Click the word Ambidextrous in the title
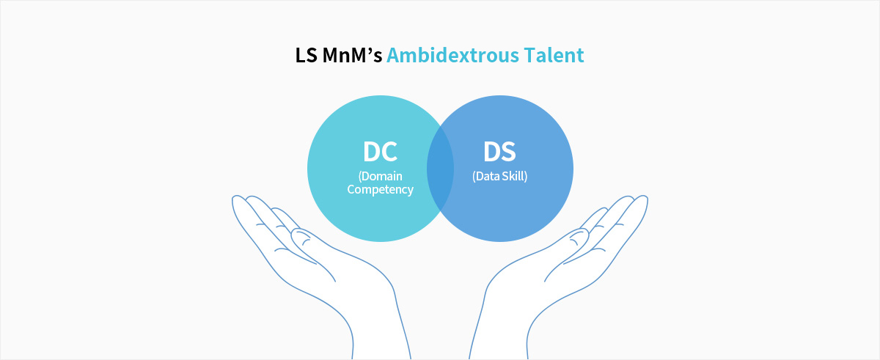pos(452,55)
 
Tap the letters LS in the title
pos(306,55)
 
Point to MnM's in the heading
pos(352,55)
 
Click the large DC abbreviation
pos(380,152)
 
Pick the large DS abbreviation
pos(499,152)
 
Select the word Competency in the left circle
pos(381,190)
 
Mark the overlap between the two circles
pos(440,169)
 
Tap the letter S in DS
pos(508,152)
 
